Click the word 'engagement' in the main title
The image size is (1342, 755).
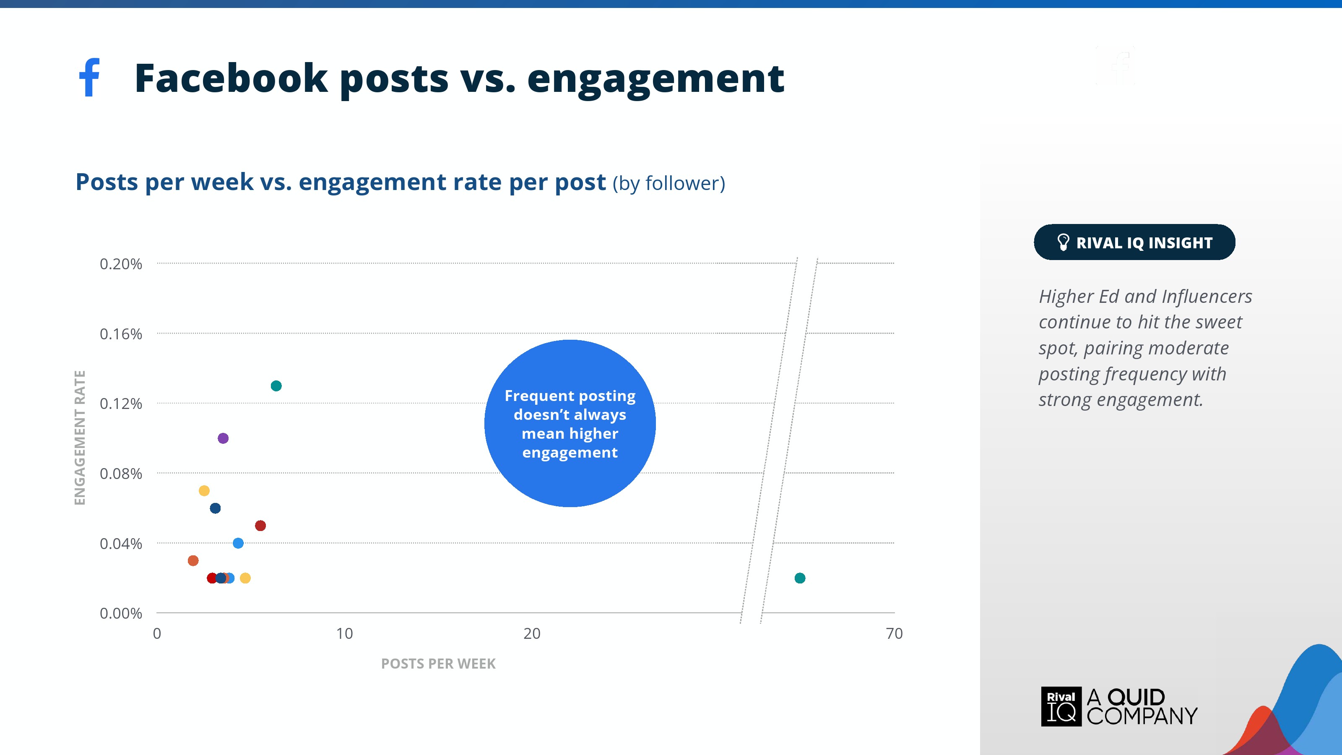tap(655, 80)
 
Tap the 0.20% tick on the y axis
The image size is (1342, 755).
tap(121, 264)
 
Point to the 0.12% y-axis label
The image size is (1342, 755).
tap(121, 404)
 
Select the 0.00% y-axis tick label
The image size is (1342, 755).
tap(121, 613)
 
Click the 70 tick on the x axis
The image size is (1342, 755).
tap(894, 634)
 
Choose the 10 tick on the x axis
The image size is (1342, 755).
tap(344, 634)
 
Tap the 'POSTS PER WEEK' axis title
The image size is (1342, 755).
tap(438, 664)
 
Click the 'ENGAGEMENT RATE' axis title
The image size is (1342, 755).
tap(80, 437)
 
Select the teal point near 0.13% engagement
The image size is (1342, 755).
tap(276, 386)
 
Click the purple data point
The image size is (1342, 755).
tap(223, 438)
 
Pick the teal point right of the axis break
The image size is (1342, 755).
tap(800, 578)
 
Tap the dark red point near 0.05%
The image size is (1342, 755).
tap(260, 526)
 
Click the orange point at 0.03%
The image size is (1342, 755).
tap(193, 561)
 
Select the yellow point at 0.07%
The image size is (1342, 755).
tap(204, 491)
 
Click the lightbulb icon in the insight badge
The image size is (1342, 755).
tap(1063, 242)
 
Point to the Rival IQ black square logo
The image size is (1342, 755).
tap(1061, 706)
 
